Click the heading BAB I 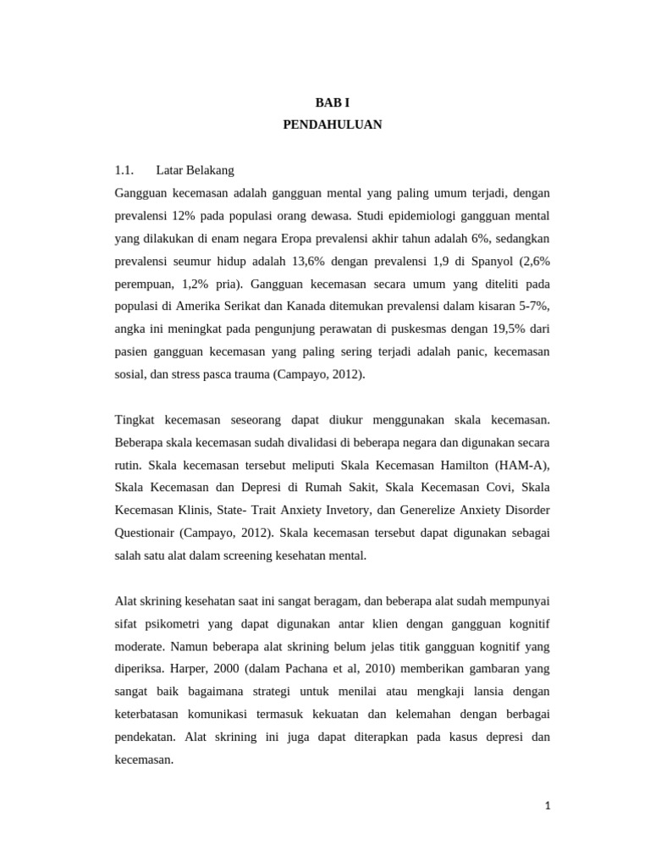(x=332, y=102)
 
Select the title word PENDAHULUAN (x=332, y=124)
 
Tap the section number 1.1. (x=125, y=170)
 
